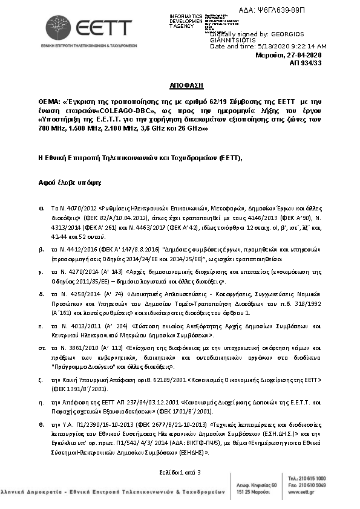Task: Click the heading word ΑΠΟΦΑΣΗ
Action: [179, 87]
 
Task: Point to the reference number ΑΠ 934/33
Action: [306, 62]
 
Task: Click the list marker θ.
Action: [41, 424]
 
